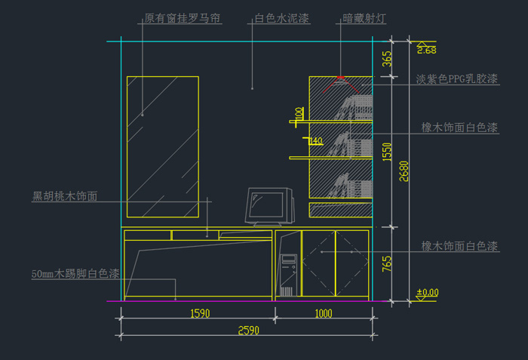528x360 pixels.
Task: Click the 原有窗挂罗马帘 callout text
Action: point(182,18)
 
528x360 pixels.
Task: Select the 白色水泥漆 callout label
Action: point(281,18)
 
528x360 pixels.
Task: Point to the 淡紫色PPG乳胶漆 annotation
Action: point(456,78)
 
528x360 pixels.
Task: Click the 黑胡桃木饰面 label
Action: point(65,197)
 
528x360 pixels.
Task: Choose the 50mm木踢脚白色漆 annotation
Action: point(76,273)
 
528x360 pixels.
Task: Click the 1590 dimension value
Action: point(200,313)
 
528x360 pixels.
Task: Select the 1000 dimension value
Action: point(323,313)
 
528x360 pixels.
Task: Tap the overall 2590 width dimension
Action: point(248,331)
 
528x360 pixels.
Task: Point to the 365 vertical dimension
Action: point(388,60)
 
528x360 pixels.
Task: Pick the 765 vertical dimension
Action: point(388,265)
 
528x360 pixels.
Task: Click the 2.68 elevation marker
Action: point(426,50)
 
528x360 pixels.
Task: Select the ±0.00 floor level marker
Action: point(428,292)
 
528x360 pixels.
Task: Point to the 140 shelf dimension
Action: point(315,141)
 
